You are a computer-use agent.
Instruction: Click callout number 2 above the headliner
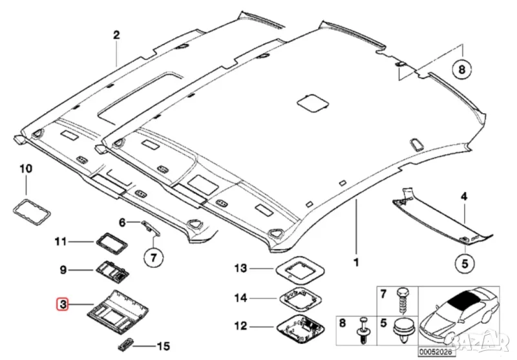point(116,36)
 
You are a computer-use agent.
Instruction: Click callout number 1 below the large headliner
point(355,263)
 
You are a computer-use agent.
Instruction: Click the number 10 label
point(25,169)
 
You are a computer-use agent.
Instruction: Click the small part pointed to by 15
point(127,343)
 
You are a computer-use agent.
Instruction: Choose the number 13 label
point(241,268)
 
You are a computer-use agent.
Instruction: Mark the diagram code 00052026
point(436,352)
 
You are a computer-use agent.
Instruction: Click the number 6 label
point(121,223)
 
